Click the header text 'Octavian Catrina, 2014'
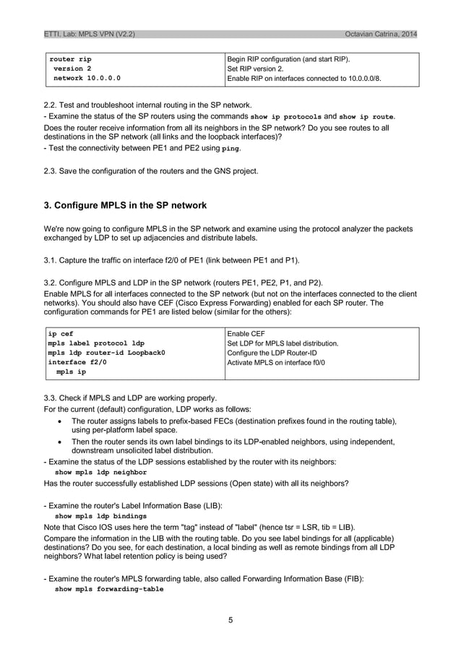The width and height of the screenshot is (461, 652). pos(380,34)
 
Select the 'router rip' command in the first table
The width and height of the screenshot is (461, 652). pos(70,59)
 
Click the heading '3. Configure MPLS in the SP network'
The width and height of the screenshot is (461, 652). pos(125,205)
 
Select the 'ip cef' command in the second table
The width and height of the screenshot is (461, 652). pos(61,333)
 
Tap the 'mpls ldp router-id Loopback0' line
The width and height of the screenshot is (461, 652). pos(106,353)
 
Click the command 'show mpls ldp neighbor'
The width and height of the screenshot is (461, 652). pos(100,472)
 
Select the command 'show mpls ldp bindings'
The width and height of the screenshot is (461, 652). pos(100,516)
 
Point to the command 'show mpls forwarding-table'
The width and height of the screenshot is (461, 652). pos(109,589)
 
